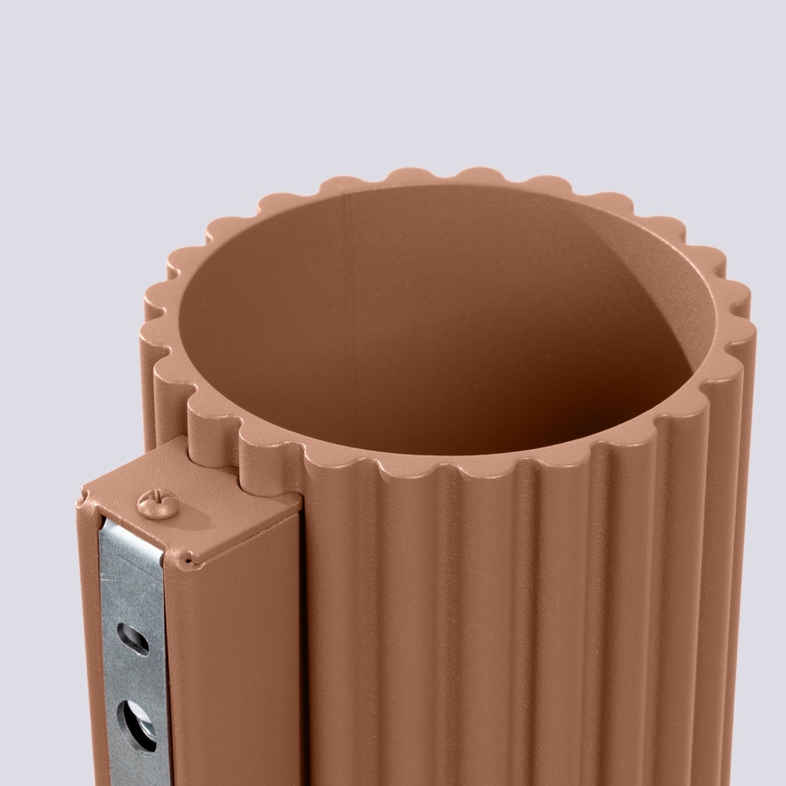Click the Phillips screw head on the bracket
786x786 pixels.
[158, 503]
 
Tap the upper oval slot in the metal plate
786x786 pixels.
[133, 639]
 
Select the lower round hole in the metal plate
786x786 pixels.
[138, 724]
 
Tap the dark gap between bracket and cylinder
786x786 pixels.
[302, 634]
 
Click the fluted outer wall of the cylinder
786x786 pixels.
[507, 634]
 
